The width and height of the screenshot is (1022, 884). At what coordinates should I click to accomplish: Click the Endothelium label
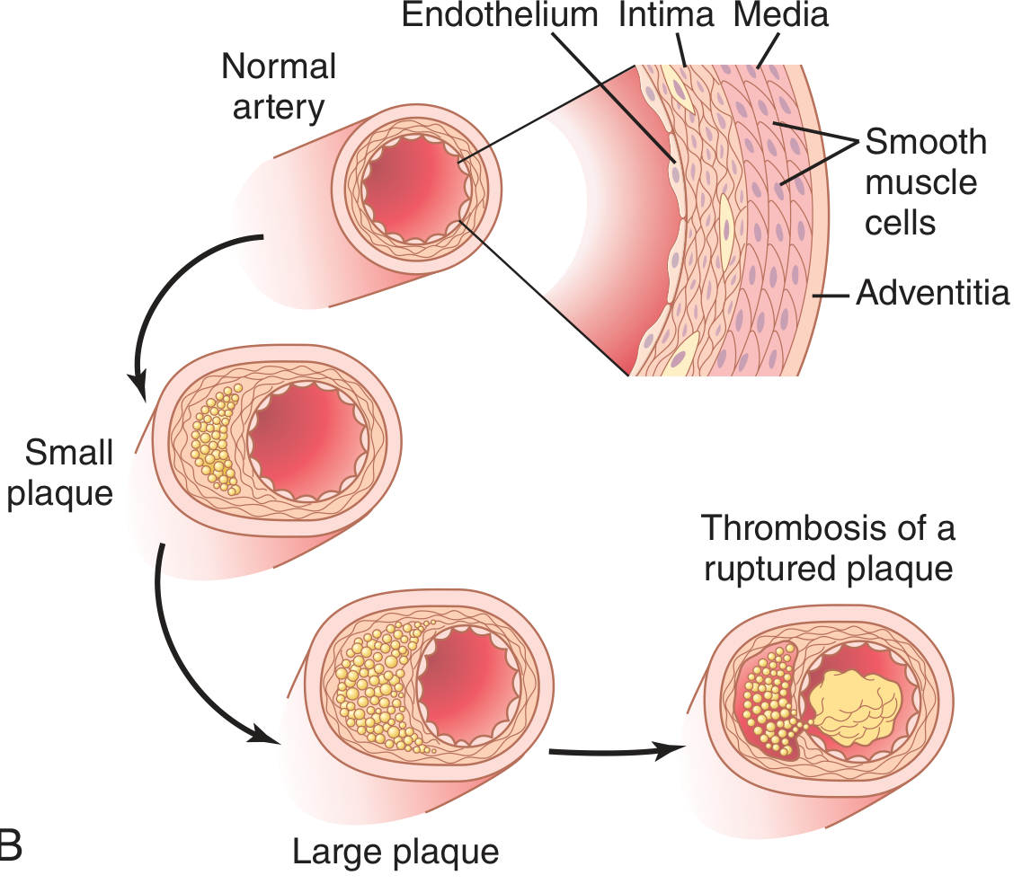(499, 15)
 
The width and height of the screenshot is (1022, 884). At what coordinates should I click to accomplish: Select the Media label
(781, 15)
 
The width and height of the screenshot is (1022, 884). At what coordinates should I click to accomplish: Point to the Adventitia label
(932, 292)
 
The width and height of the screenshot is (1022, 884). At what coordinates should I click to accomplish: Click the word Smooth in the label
(926, 142)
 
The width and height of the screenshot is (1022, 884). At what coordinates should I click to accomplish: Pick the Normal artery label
(279, 87)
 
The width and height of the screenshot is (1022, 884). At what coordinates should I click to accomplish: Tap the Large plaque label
(395, 850)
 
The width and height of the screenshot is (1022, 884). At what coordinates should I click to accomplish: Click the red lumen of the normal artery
(415, 189)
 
